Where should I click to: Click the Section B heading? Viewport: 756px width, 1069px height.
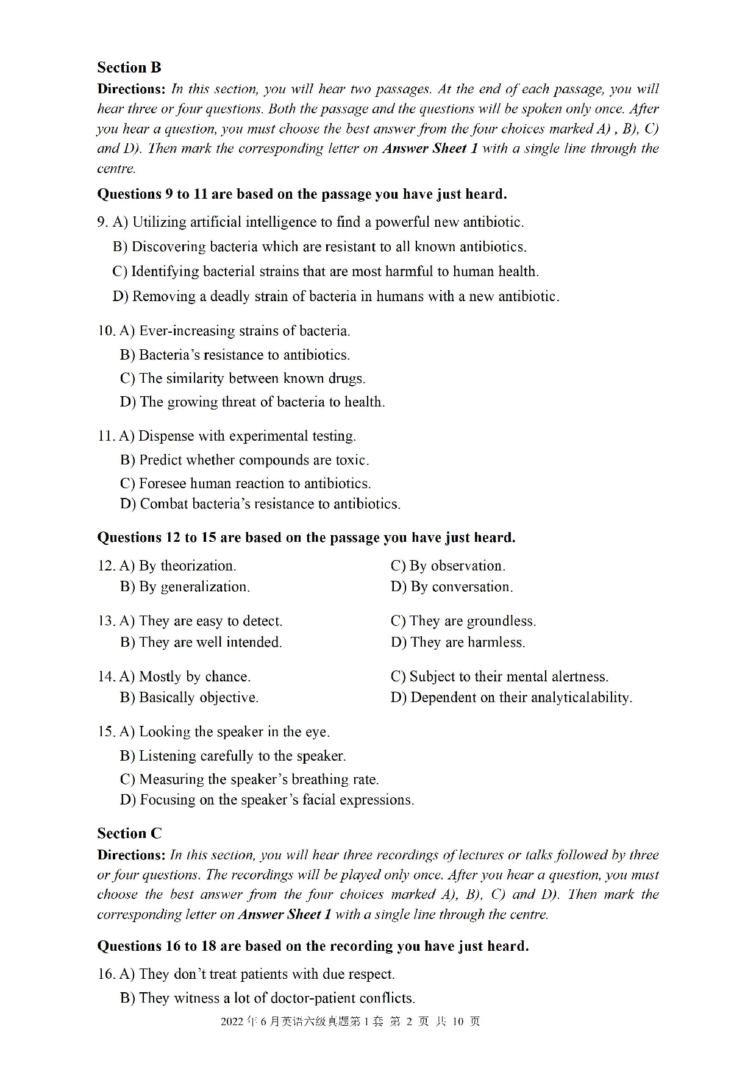click(x=129, y=68)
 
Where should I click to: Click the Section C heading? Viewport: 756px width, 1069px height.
click(x=129, y=833)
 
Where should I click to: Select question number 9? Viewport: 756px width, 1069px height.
click(x=102, y=222)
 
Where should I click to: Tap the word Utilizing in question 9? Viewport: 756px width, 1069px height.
click(x=159, y=222)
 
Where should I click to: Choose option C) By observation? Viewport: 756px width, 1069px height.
click(x=448, y=566)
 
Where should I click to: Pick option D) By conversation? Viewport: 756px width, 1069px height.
click(x=451, y=587)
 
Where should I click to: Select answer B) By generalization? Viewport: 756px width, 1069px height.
click(x=185, y=587)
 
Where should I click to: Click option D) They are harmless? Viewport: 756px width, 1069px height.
click(x=457, y=642)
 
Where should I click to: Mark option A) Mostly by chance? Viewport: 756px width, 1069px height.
click(x=185, y=677)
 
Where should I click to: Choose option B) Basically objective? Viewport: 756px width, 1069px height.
click(x=189, y=698)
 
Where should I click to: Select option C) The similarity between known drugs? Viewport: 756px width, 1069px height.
click(x=243, y=378)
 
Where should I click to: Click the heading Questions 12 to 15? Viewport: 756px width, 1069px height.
click(x=305, y=538)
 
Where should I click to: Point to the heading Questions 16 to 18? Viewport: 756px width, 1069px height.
click(x=312, y=946)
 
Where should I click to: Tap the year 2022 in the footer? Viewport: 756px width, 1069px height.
click(x=232, y=1021)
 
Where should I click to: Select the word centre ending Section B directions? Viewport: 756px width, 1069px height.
click(x=116, y=169)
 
